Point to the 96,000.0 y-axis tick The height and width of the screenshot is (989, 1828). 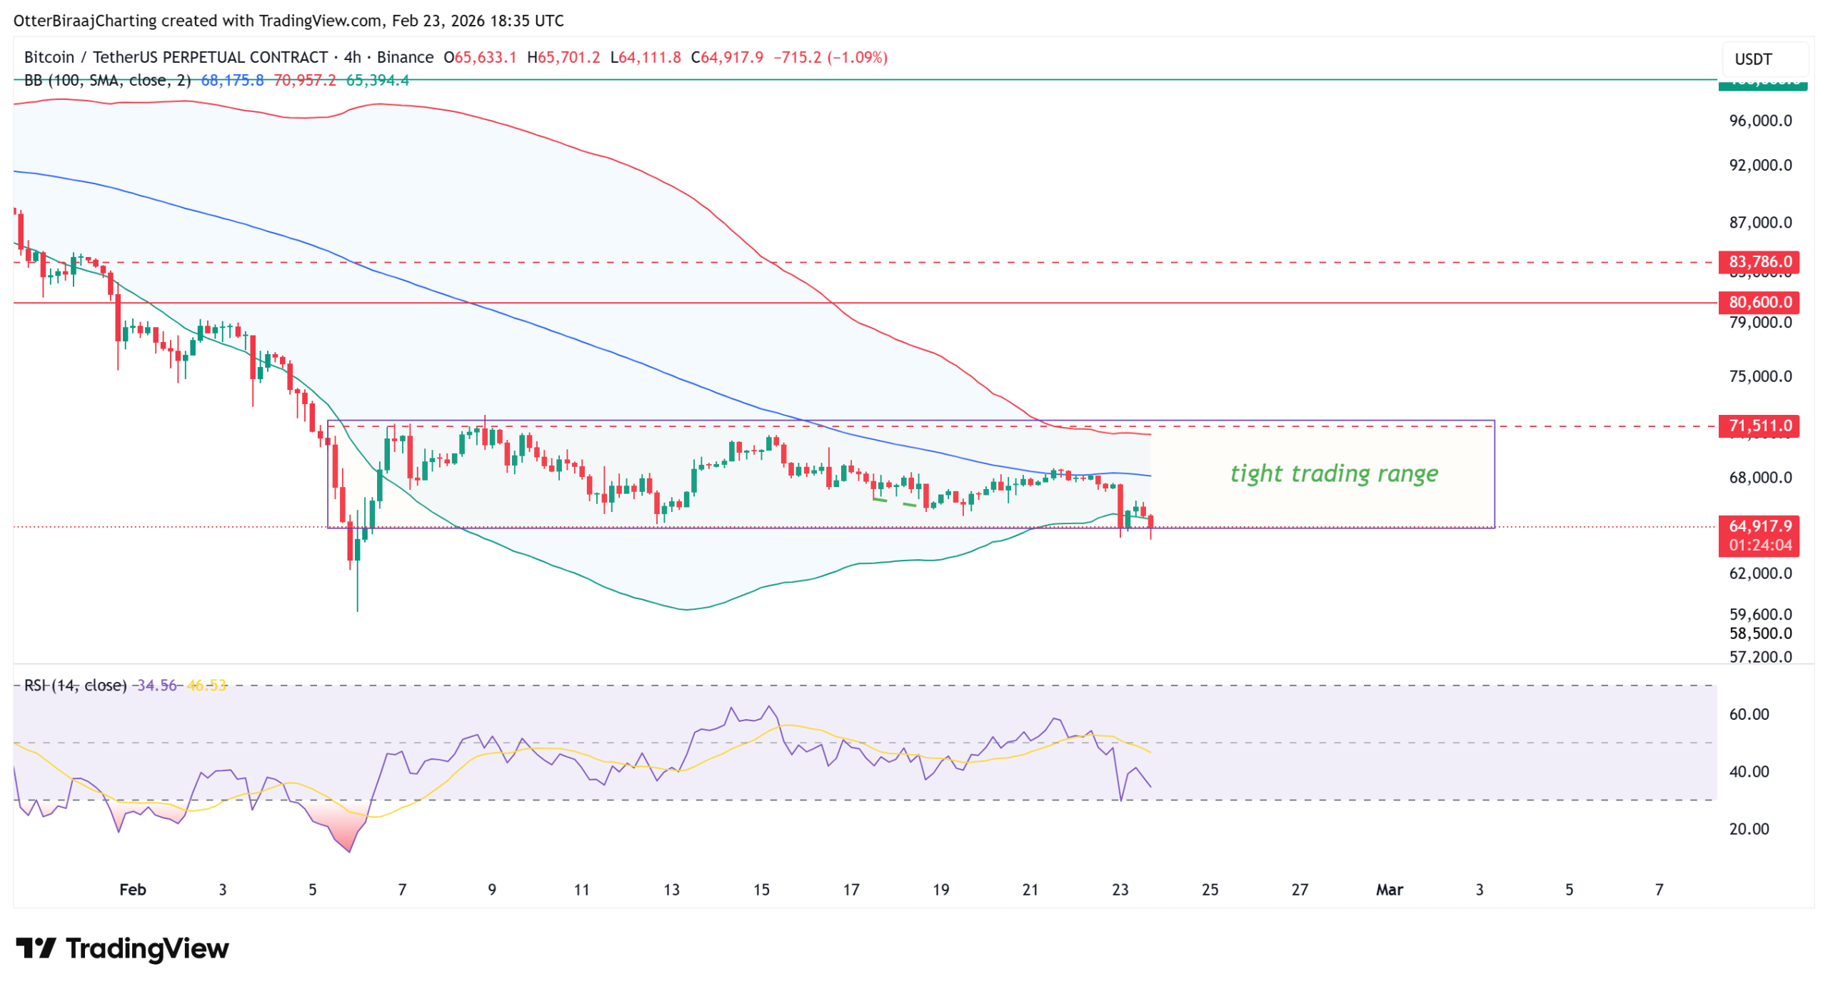[1759, 121]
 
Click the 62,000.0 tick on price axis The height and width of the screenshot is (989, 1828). [1759, 573]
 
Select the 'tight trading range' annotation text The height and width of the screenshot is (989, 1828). [1333, 473]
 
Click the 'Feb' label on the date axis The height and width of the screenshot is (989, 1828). [132, 889]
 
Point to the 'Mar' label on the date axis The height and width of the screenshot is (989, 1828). [1389, 889]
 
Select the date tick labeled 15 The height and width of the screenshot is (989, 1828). [761, 889]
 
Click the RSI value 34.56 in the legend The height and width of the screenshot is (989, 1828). [156, 685]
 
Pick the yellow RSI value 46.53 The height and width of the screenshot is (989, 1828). [206, 685]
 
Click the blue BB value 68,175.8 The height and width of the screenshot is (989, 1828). [232, 80]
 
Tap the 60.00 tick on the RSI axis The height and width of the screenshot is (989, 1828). [1748, 714]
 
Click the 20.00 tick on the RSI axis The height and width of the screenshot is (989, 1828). [1748, 828]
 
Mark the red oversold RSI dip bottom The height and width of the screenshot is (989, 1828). [349, 850]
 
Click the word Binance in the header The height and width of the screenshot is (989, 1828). [405, 57]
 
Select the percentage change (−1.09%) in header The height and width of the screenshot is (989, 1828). [857, 57]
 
